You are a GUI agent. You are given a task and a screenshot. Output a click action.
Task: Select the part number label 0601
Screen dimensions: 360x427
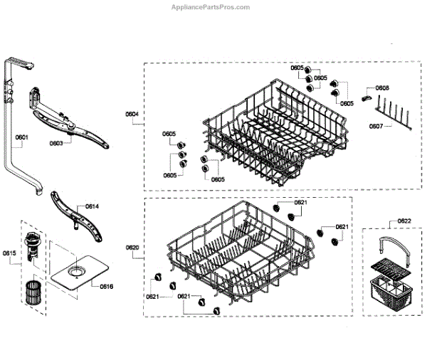pos(21,137)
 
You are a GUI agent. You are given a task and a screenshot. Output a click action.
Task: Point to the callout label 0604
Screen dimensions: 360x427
pos(132,114)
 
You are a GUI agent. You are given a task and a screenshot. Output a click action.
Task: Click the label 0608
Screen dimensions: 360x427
pos(382,88)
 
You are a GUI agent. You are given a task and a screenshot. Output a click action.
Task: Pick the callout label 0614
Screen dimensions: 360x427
pos(92,206)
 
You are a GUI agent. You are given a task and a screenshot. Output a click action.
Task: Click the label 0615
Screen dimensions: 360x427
pos(9,253)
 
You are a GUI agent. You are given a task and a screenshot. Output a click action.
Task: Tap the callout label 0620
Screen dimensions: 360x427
pos(132,248)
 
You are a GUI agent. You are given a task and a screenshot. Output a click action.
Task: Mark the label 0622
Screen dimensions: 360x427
pos(404,221)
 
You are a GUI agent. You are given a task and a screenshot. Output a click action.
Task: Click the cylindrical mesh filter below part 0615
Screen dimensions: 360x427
pos(31,292)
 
